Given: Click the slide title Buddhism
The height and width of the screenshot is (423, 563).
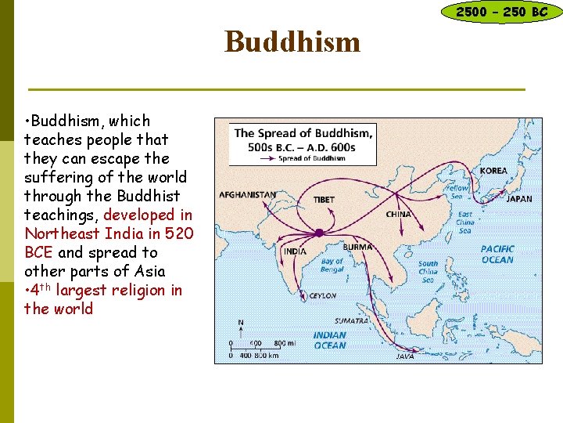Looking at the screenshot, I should click(292, 42).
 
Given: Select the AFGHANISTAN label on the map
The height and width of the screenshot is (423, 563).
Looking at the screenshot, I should click(247, 194).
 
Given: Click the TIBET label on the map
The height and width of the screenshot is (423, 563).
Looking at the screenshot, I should click(324, 200).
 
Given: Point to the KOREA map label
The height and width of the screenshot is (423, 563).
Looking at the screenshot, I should click(493, 171).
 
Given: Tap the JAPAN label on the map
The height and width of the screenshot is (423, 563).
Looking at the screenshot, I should click(519, 199).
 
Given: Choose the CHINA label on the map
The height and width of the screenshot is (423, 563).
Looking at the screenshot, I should click(399, 214).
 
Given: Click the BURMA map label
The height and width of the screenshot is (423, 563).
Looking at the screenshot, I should click(357, 247).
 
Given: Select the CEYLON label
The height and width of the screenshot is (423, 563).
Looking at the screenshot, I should click(323, 296).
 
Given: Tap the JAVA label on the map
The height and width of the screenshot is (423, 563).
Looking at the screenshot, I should click(405, 356).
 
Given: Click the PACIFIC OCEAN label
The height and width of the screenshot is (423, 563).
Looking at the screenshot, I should click(497, 255).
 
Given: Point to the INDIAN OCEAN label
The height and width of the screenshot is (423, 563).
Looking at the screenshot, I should click(329, 340).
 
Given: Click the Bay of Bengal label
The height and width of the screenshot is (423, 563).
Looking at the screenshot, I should click(332, 266).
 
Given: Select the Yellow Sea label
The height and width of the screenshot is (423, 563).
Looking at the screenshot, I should click(457, 189).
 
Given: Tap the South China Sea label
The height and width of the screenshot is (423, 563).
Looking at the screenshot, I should click(429, 273).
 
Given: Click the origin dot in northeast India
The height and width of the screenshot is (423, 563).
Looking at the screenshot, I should click(319, 233).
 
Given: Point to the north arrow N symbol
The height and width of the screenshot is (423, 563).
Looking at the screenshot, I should click(240, 322).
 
